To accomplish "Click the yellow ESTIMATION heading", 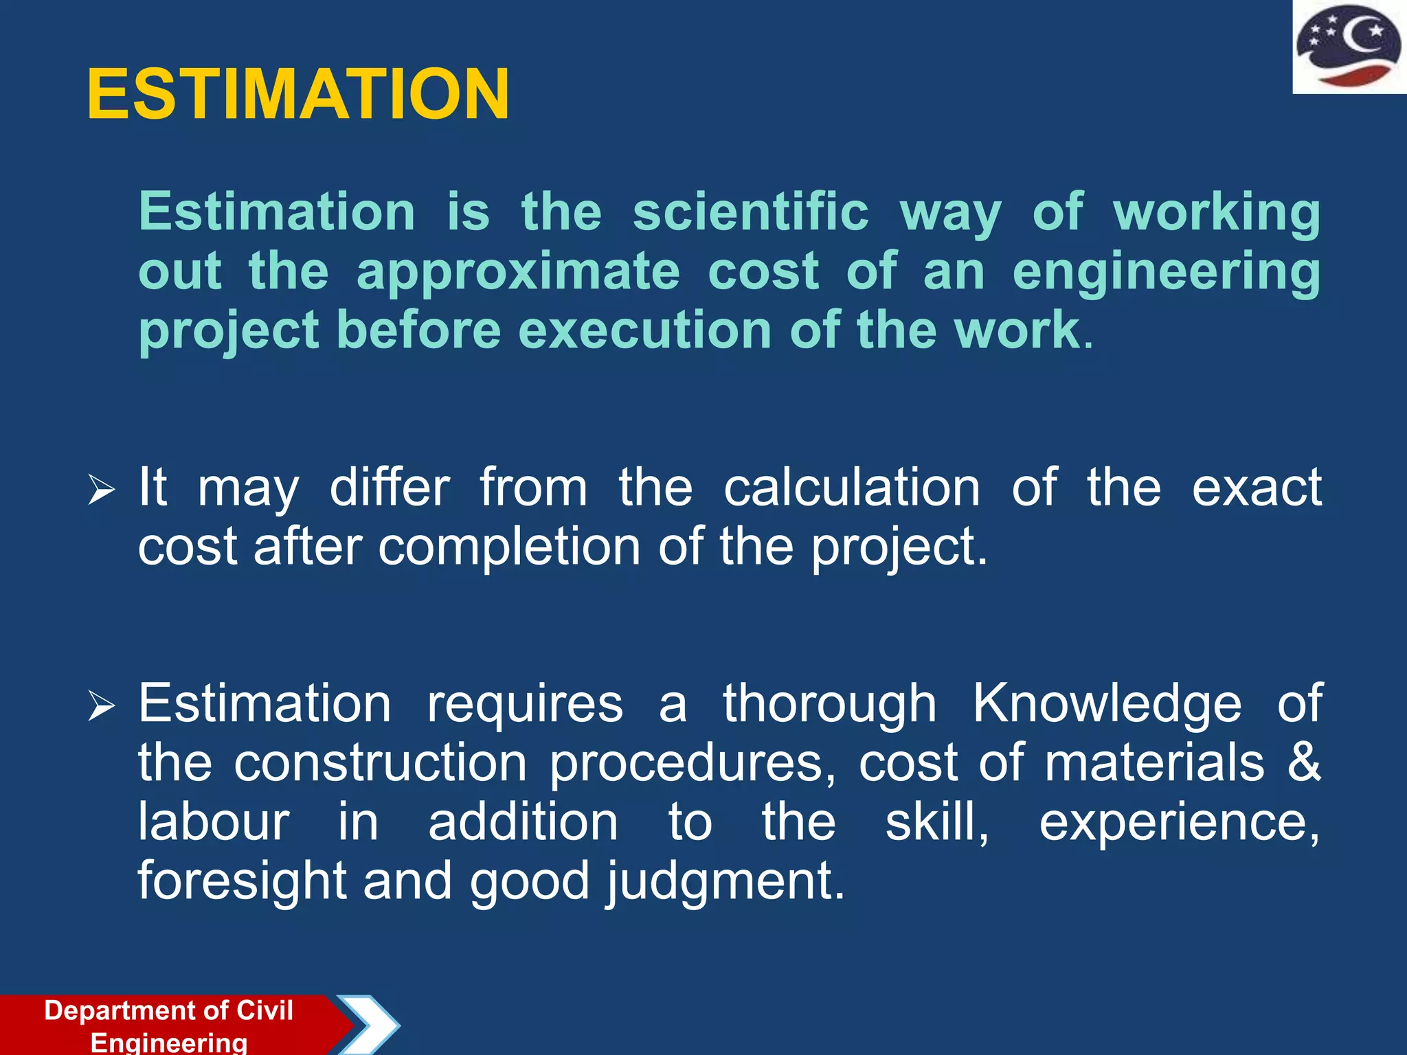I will pos(298,94).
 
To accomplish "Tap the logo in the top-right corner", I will pos(1349,47).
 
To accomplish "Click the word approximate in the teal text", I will pos(518,271).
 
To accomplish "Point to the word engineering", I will pos(1166,271).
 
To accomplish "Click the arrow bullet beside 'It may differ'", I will pos(101,491).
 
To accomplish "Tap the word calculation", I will pos(851,487).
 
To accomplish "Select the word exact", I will pos(1257,487).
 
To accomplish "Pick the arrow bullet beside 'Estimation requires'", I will pos(101,707).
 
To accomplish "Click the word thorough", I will pos(829,703).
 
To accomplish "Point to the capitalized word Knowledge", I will pos(1107,703).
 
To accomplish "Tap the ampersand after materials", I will pos(1303,762).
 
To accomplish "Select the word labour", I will pos(214,821).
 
